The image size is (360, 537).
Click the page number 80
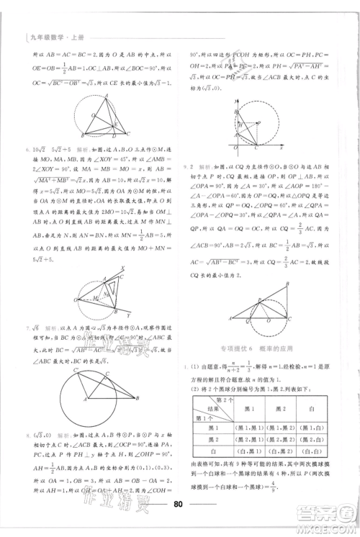pyautogui.click(x=180, y=502)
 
